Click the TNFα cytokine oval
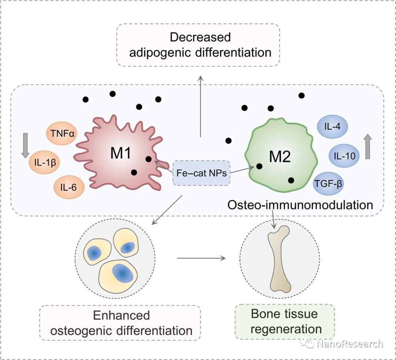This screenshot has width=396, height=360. (62, 133)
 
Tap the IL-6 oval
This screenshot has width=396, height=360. (69, 187)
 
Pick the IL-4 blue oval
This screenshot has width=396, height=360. (332, 126)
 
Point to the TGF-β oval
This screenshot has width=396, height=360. (328, 184)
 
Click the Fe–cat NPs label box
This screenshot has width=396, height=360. (201, 173)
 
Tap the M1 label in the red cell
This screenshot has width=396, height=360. (121, 153)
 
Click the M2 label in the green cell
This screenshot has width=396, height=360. (280, 157)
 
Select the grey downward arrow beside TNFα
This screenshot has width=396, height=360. (25, 146)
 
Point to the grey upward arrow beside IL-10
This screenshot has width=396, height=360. (368, 146)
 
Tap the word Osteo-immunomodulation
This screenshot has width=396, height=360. (300, 205)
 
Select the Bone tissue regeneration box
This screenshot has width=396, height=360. (285, 322)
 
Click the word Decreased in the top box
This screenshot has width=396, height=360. (200, 37)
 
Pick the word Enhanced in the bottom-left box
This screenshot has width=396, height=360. (121, 315)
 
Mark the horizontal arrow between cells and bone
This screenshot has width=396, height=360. (201, 258)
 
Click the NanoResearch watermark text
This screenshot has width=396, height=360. (350, 344)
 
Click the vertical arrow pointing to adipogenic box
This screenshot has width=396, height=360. (201, 106)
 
